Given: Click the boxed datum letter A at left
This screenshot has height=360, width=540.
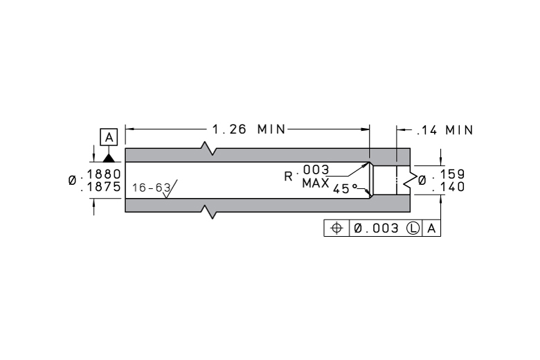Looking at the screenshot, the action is point(109,137).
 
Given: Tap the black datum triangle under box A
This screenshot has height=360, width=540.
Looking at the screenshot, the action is point(109,158).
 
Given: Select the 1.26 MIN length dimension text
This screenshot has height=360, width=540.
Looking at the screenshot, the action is point(249,129).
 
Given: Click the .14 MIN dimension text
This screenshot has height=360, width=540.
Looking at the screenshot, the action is point(445,130).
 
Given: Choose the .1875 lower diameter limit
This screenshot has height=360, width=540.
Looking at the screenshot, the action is point(101,187).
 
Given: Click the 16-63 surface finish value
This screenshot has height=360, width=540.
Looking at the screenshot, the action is point(152,188).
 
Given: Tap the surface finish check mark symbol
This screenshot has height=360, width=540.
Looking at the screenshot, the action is point(170,189).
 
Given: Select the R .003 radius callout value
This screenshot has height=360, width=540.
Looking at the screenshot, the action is point(307,172).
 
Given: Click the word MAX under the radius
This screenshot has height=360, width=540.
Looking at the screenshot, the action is point(316,183).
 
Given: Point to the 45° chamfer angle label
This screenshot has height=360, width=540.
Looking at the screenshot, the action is point(345,189).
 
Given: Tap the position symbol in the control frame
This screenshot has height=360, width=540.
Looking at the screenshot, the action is point(336,228).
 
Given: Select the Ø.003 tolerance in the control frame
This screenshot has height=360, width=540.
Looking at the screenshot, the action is point(376,228).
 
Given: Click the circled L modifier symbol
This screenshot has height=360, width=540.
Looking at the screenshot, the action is point(413,228).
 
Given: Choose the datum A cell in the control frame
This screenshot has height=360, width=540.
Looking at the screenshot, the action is point(431,228).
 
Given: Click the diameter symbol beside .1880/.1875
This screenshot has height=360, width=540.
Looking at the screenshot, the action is point(72,180).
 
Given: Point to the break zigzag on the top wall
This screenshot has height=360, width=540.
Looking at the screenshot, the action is point(208,148).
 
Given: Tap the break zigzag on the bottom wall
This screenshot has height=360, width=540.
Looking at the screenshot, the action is point(208,212).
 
